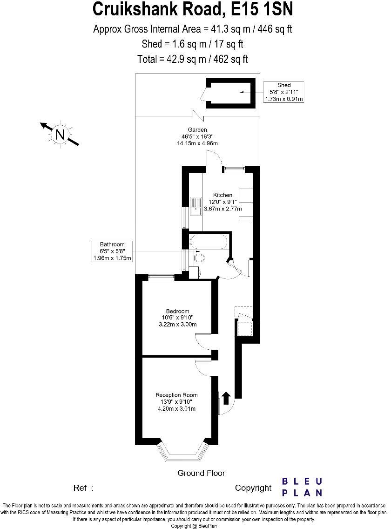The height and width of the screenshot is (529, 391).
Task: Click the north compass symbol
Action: coord(60,135)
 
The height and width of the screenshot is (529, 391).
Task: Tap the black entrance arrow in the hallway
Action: coord(226,397)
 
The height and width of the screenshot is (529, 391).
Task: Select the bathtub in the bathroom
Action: coord(209,242)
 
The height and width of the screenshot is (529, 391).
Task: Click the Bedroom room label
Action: coord(177,312)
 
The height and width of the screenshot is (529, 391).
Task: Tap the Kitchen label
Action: coord(222,195)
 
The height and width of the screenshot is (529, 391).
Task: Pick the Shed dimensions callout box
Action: coord(283,92)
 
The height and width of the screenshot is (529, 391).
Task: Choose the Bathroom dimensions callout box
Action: coord(112,251)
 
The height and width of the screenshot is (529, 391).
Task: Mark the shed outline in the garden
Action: coord(231,93)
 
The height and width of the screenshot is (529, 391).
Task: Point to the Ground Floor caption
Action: coord(201,473)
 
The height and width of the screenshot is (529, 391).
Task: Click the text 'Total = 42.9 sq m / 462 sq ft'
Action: coord(193,59)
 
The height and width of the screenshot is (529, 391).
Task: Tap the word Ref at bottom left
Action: coord(81,488)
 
